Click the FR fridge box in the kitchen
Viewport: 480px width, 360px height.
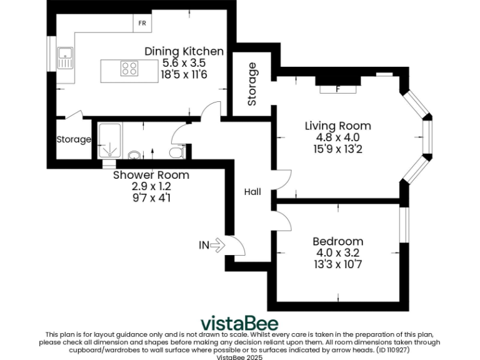pyautogui.click(x=142, y=24)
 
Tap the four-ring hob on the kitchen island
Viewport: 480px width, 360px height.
pyautogui.click(x=129, y=68)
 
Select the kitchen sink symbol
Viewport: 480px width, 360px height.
pyautogui.click(x=64, y=58)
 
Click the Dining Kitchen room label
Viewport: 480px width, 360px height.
pyautogui.click(x=184, y=51)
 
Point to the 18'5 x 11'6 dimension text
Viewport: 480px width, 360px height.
pyautogui.click(x=184, y=74)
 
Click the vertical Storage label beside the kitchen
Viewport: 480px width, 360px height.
pyautogui.click(x=252, y=84)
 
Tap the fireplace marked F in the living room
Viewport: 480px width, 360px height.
pyautogui.click(x=337, y=89)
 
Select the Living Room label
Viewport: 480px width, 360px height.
pyautogui.click(x=337, y=126)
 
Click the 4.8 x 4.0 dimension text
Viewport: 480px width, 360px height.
pyautogui.click(x=337, y=137)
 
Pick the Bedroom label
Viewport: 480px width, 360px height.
pyautogui.click(x=337, y=241)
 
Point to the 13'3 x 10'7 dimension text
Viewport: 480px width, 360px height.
pyautogui.click(x=337, y=264)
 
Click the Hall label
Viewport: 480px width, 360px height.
pyautogui.click(x=252, y=192)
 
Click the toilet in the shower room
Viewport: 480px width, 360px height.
pyautogui.click(x=176, y=152)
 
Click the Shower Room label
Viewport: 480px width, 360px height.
pyautogui.click(x=151, y=175)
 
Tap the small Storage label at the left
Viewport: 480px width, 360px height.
pyautogui.click(x=74, y=139)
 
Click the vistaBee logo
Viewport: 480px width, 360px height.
pyautogui.click(x=239, y=322)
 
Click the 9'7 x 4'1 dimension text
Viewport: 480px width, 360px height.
pyautogui.click(x=151, y=197)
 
